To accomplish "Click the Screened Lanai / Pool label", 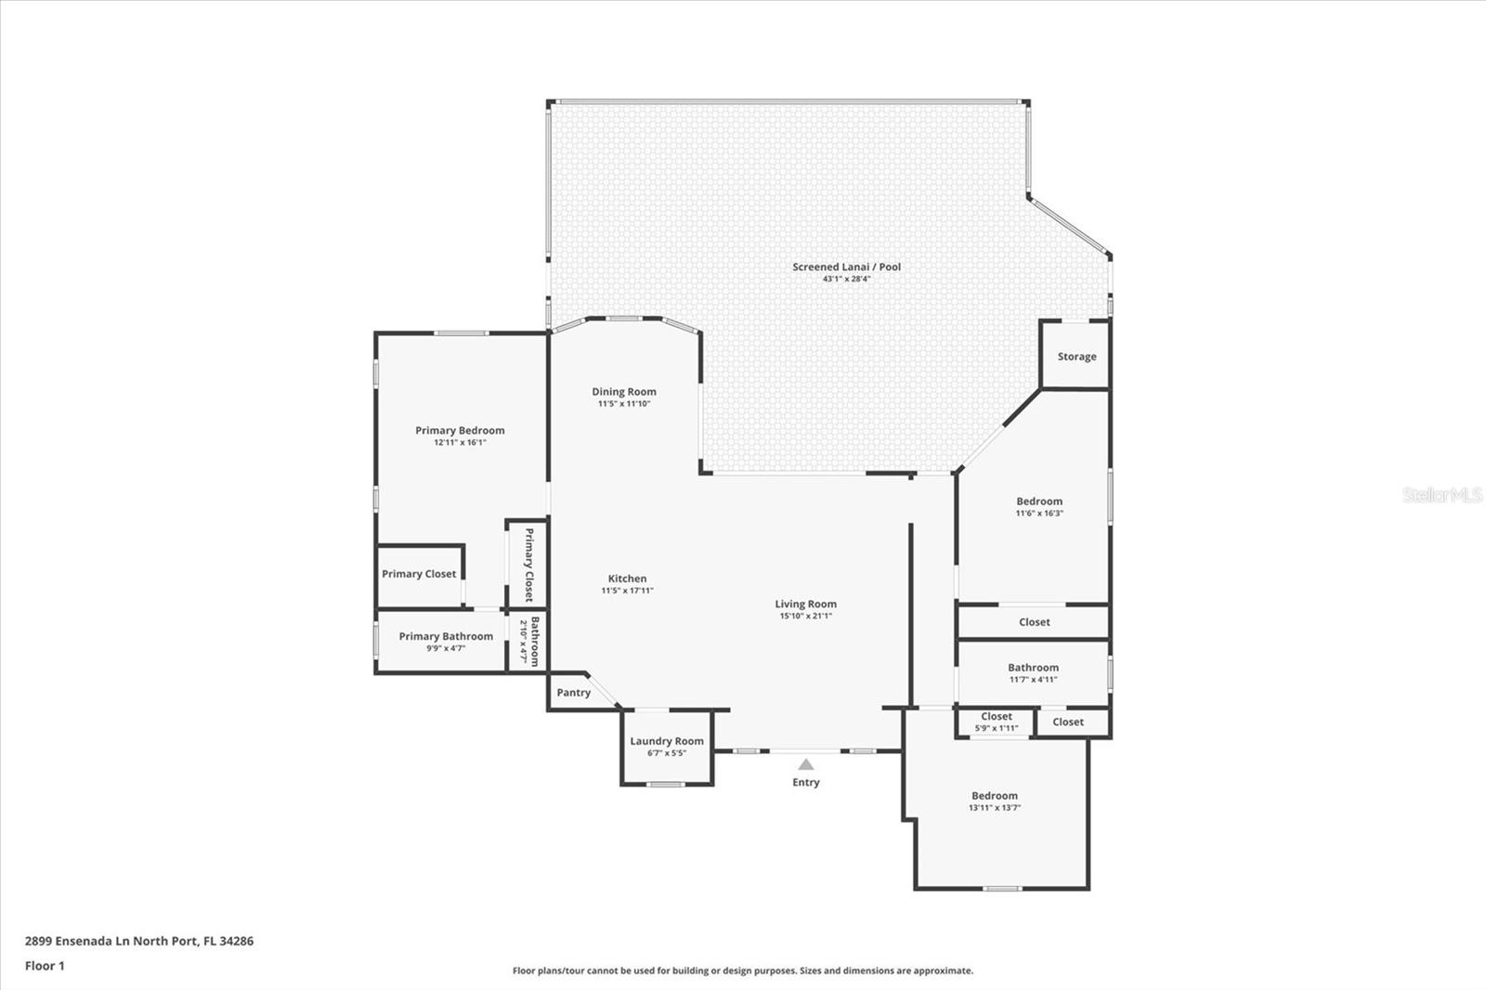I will tap(846, 267).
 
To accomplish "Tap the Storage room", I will tap(1076, 357).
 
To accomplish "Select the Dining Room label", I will tap(624, 392).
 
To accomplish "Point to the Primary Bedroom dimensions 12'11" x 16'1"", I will tap(460, 443).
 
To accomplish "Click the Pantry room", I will tap(573, 693).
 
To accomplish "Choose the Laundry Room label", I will tap(667, 741).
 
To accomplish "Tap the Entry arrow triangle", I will tap(806, 764).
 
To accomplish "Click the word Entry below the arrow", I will tap(806, 783).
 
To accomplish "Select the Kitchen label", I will tap(627, 579).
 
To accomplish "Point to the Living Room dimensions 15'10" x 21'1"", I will tap(806, 616).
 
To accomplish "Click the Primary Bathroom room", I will tap(446, 641).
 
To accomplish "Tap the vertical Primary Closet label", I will tap(528, 565).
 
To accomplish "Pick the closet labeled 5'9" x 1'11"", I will tap(996, 722).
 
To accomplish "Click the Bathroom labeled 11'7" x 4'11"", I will tap(1033, 672).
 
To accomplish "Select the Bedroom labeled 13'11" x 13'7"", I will tap(995, 801).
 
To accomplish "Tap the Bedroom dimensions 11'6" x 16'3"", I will tap(1039, 514).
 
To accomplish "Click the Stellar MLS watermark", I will tap(1441, 495).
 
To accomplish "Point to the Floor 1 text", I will tap(45, 966).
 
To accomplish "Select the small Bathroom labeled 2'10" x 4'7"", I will tap(528, 641).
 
